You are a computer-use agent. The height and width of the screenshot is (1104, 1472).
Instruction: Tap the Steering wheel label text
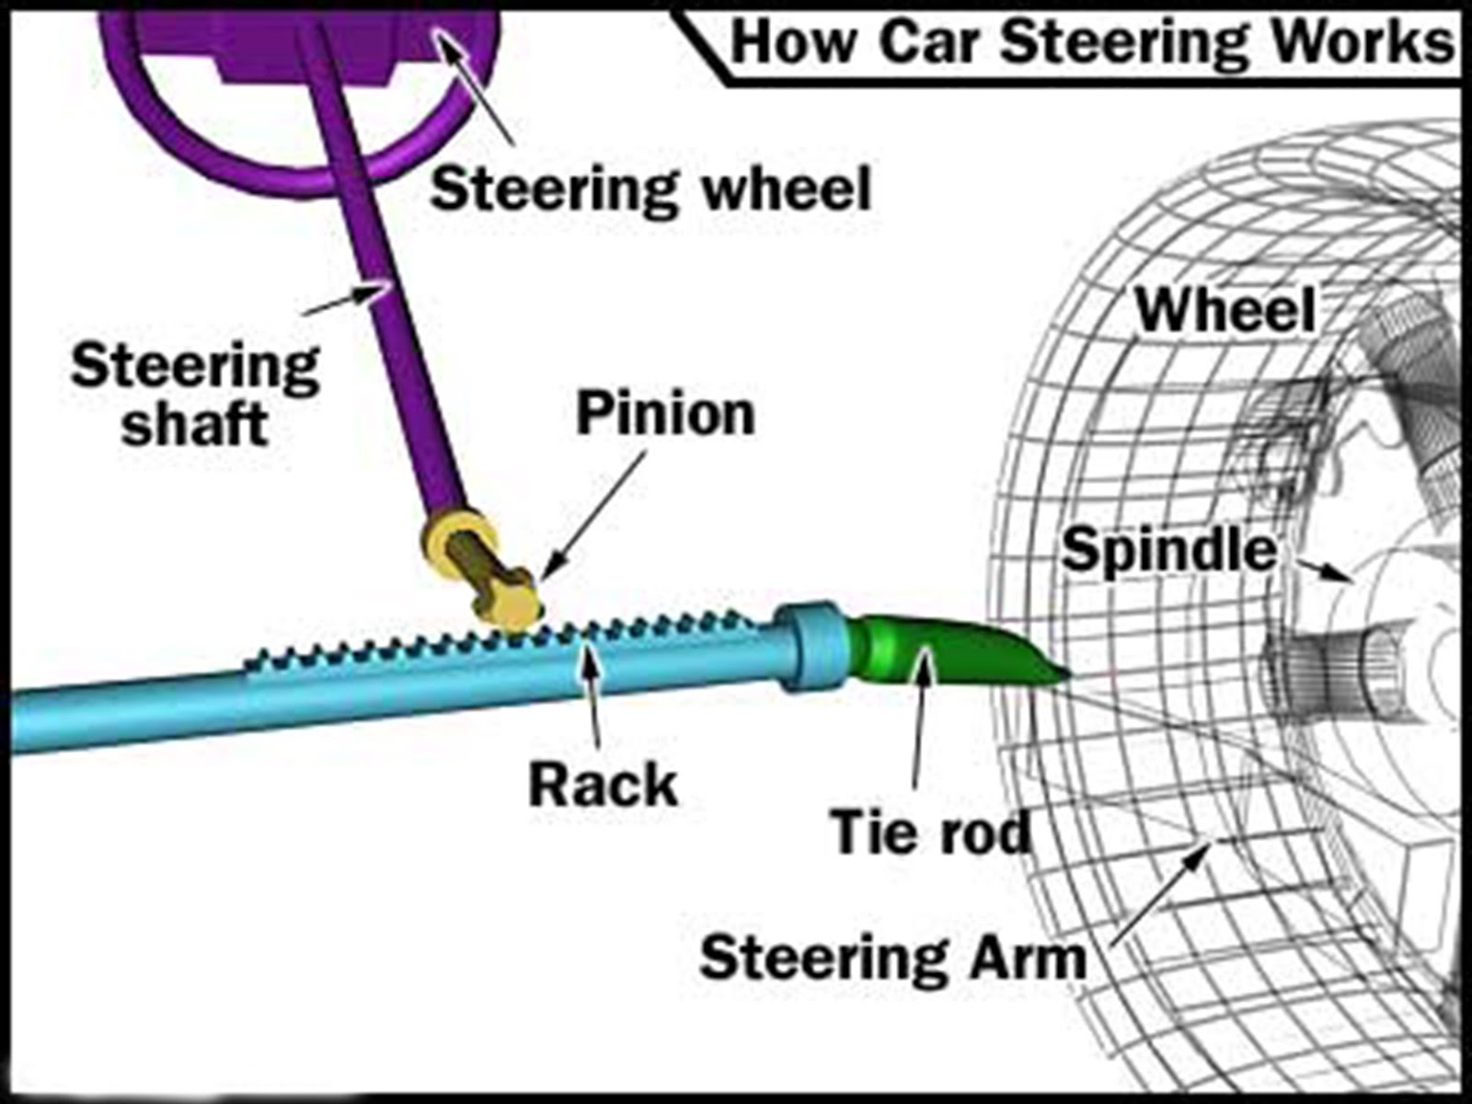[x=650, y=190]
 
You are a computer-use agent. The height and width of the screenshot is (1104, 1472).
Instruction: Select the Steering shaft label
[x=194, y=394]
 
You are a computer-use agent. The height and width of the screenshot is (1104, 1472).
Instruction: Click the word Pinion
[x=664, y=414]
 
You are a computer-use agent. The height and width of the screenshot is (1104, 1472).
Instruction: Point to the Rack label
[x=603, y=786]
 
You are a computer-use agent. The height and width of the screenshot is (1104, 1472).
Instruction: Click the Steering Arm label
[x=892, y=958]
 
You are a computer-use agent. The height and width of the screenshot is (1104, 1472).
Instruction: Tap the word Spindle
[x=1168, y=550]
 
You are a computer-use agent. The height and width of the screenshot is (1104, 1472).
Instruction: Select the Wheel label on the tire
[x=1225, y=310]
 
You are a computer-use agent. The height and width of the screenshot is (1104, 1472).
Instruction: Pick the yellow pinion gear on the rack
[x=506, y=603]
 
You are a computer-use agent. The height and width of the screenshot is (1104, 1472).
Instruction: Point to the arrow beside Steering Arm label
[x=1159, y=892]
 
